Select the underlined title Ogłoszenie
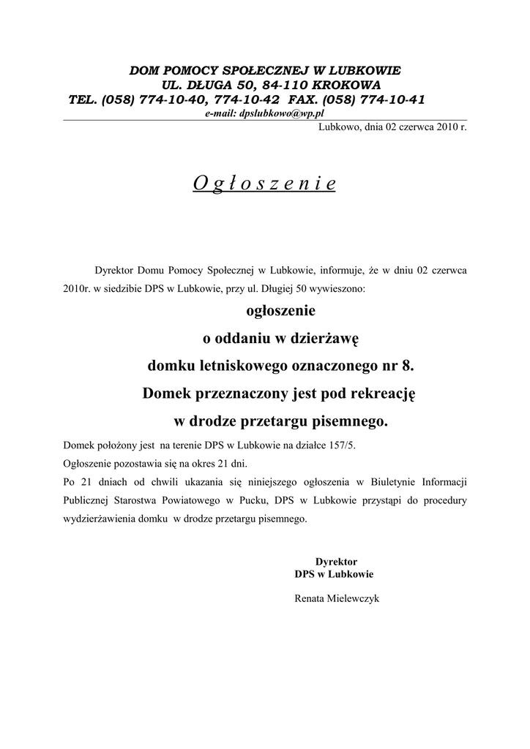[264, 184]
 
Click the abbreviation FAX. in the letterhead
[307, 99]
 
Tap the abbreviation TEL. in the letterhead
[83, 99]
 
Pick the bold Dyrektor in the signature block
[336, 561]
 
